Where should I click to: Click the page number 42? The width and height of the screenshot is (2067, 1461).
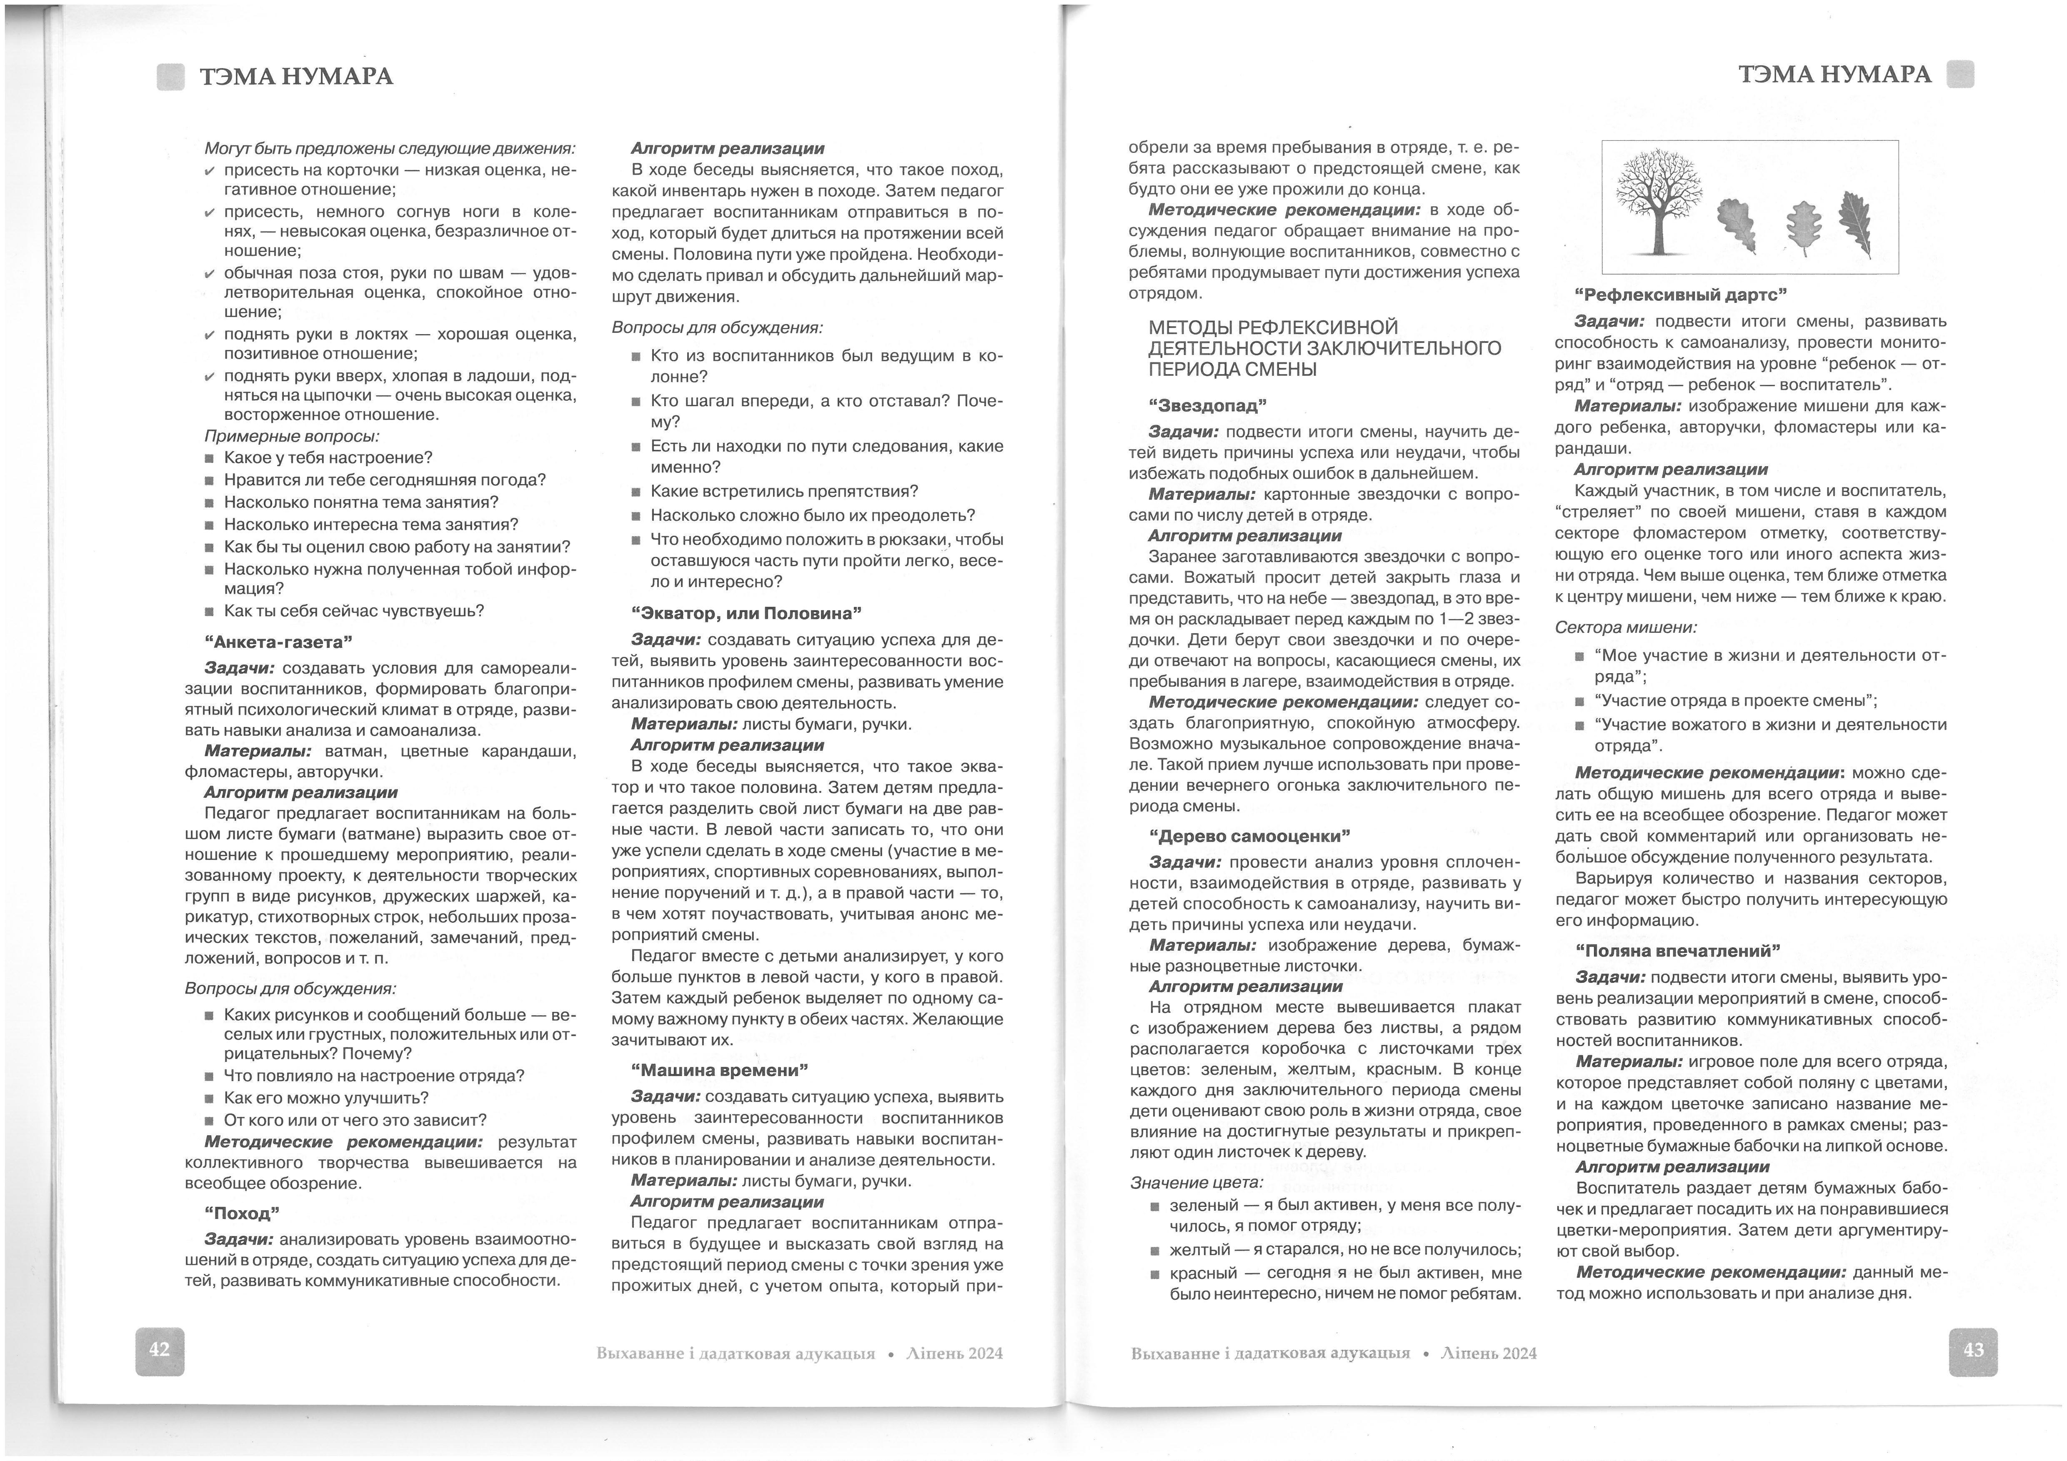(159, 1349)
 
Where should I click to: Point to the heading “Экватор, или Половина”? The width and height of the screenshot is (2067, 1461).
(746, 613)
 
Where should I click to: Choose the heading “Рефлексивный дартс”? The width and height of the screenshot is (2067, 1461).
(1680, 295)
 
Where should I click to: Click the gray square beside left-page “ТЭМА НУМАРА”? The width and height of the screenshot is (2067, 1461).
(170, 77)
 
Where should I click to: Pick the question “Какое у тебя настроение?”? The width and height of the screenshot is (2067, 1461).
(328, 457)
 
